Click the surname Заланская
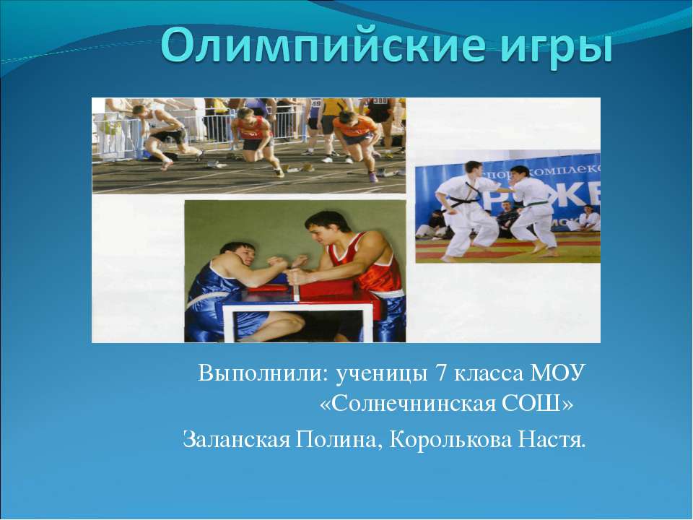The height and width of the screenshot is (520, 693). [235, 438]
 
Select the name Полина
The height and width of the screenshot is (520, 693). [336, 438]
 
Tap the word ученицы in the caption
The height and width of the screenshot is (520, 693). [379, 374]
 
